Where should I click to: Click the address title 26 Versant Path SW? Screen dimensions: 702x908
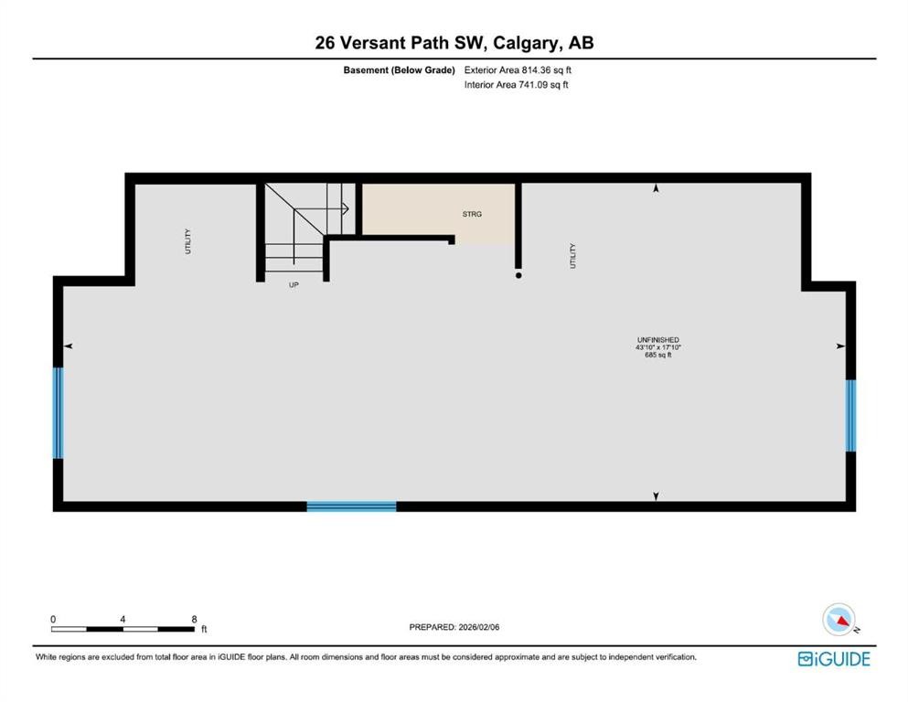[454, 43]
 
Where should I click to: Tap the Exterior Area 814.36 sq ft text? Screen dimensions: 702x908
[518, 69]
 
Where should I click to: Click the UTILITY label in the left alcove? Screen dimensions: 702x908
[188, 240]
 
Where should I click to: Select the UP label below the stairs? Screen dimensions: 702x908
[294, 284]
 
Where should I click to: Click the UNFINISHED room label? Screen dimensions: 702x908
[658, 339]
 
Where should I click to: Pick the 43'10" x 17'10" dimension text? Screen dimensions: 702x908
[658, 347]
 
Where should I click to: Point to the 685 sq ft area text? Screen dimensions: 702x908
[658, 356]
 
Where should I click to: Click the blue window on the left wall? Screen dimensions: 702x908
[59, 413]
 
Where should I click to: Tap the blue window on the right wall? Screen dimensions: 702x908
[850, 416]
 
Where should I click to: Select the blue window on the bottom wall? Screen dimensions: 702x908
[351, 505]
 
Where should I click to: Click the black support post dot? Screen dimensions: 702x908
[518, 274]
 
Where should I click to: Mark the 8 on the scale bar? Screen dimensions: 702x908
[194, 619]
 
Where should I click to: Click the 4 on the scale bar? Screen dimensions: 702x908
[123, 619]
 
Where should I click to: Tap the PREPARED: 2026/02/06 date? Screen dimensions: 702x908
[454, 627]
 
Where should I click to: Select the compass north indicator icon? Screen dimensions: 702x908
[839, 620]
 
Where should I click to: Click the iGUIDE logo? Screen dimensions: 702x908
[834, 658]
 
